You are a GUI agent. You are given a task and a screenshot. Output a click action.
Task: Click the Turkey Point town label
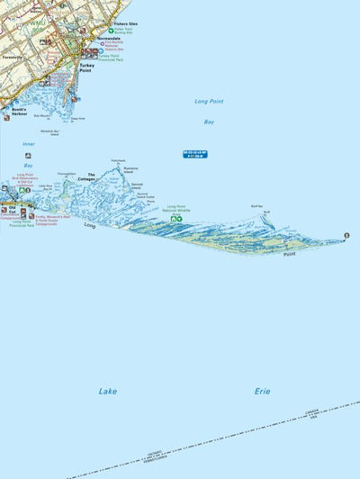pyautogui.click(x=86, y=68)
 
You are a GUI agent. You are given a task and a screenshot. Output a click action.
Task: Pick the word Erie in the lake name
pyautogui.click(x=261, y=391)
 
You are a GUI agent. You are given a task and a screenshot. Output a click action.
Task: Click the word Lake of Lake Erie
pyautogui.click(x=108, y=391)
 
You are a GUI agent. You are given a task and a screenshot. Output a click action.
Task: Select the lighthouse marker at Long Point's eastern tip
pyautogui.click(x=346, y=236)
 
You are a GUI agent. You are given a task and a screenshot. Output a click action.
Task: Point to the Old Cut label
pyautogui.click(x=13, y=211)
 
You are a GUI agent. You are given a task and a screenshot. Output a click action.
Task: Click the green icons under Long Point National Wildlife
pyautogui.click(x=178, y=218)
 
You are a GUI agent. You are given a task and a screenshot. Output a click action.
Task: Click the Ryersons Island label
pyautogui.click(x=130, y=169)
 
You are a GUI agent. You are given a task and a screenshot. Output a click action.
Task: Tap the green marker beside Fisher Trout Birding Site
pyautogui.click(x=111, y=31)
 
